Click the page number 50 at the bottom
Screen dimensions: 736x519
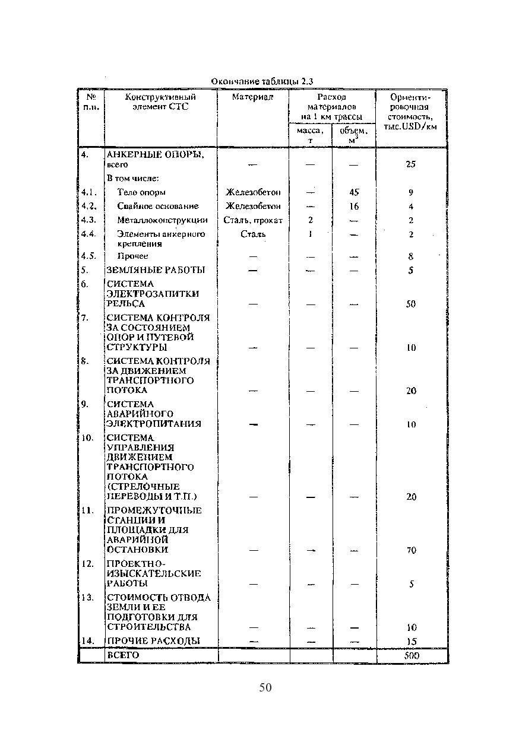[x=265, y=688]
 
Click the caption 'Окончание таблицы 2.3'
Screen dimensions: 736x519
[x=262, y=81]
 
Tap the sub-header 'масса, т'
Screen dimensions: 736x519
[x=310, y=135]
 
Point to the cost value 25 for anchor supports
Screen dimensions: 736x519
[x=411, y=164]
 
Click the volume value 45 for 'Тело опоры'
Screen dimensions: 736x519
[x=355, y=192]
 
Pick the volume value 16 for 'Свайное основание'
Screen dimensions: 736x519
[x=355, y=207]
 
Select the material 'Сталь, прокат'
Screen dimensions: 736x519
[x=253, y=220]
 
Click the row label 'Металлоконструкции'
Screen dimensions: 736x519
[x=162, y=220]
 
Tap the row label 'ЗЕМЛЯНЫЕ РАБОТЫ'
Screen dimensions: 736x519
[x=156, y=271]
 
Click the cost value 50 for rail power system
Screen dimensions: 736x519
[x=411, y=304]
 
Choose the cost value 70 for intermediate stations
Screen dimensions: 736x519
[x=411, y=550]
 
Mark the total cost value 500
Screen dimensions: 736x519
[x=411, y=656]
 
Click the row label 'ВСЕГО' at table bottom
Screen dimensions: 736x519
[x=122, y=655]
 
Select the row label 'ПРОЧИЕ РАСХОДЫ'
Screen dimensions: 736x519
[x=153, y=641]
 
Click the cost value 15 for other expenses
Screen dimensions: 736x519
[x=411, y=642]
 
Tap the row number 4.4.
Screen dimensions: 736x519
[x=88, y=234]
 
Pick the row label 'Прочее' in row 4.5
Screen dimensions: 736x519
[x=132, y=256]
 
